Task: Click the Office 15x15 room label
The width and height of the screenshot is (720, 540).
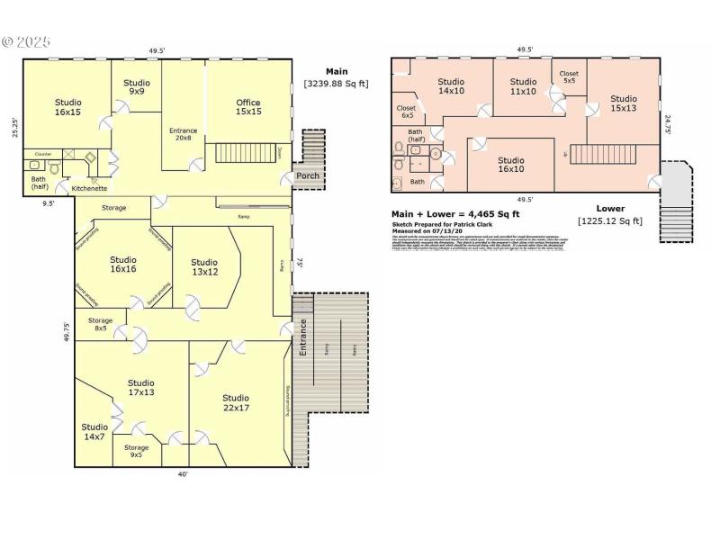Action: point(248,107)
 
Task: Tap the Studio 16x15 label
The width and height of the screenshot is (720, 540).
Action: point(67,107)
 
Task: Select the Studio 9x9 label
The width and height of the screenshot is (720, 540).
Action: point(137,86)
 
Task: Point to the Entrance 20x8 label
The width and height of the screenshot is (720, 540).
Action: point(183,135)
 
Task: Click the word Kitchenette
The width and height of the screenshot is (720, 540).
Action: point(90,189)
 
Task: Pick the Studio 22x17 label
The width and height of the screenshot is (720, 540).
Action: point(236,402)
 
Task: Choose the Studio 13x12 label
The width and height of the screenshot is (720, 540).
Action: point(204,266)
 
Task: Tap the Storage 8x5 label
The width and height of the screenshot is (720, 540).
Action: point(100,325)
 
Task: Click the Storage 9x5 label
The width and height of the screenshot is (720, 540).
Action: point(137,451)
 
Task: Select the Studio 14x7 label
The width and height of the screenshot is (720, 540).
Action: point(94,432)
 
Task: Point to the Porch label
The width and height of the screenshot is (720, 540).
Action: point(307,175)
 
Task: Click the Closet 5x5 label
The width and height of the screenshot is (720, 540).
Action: point(569,77)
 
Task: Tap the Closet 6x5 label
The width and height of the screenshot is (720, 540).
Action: point(407,112)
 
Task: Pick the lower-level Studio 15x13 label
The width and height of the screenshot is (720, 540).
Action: point(624,103)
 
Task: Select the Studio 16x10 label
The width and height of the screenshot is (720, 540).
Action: point(511,165)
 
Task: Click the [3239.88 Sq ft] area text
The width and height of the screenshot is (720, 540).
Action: point(336,84)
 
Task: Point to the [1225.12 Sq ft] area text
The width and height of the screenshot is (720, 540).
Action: point(610,220)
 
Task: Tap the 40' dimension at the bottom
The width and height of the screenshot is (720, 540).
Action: point(183,474)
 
